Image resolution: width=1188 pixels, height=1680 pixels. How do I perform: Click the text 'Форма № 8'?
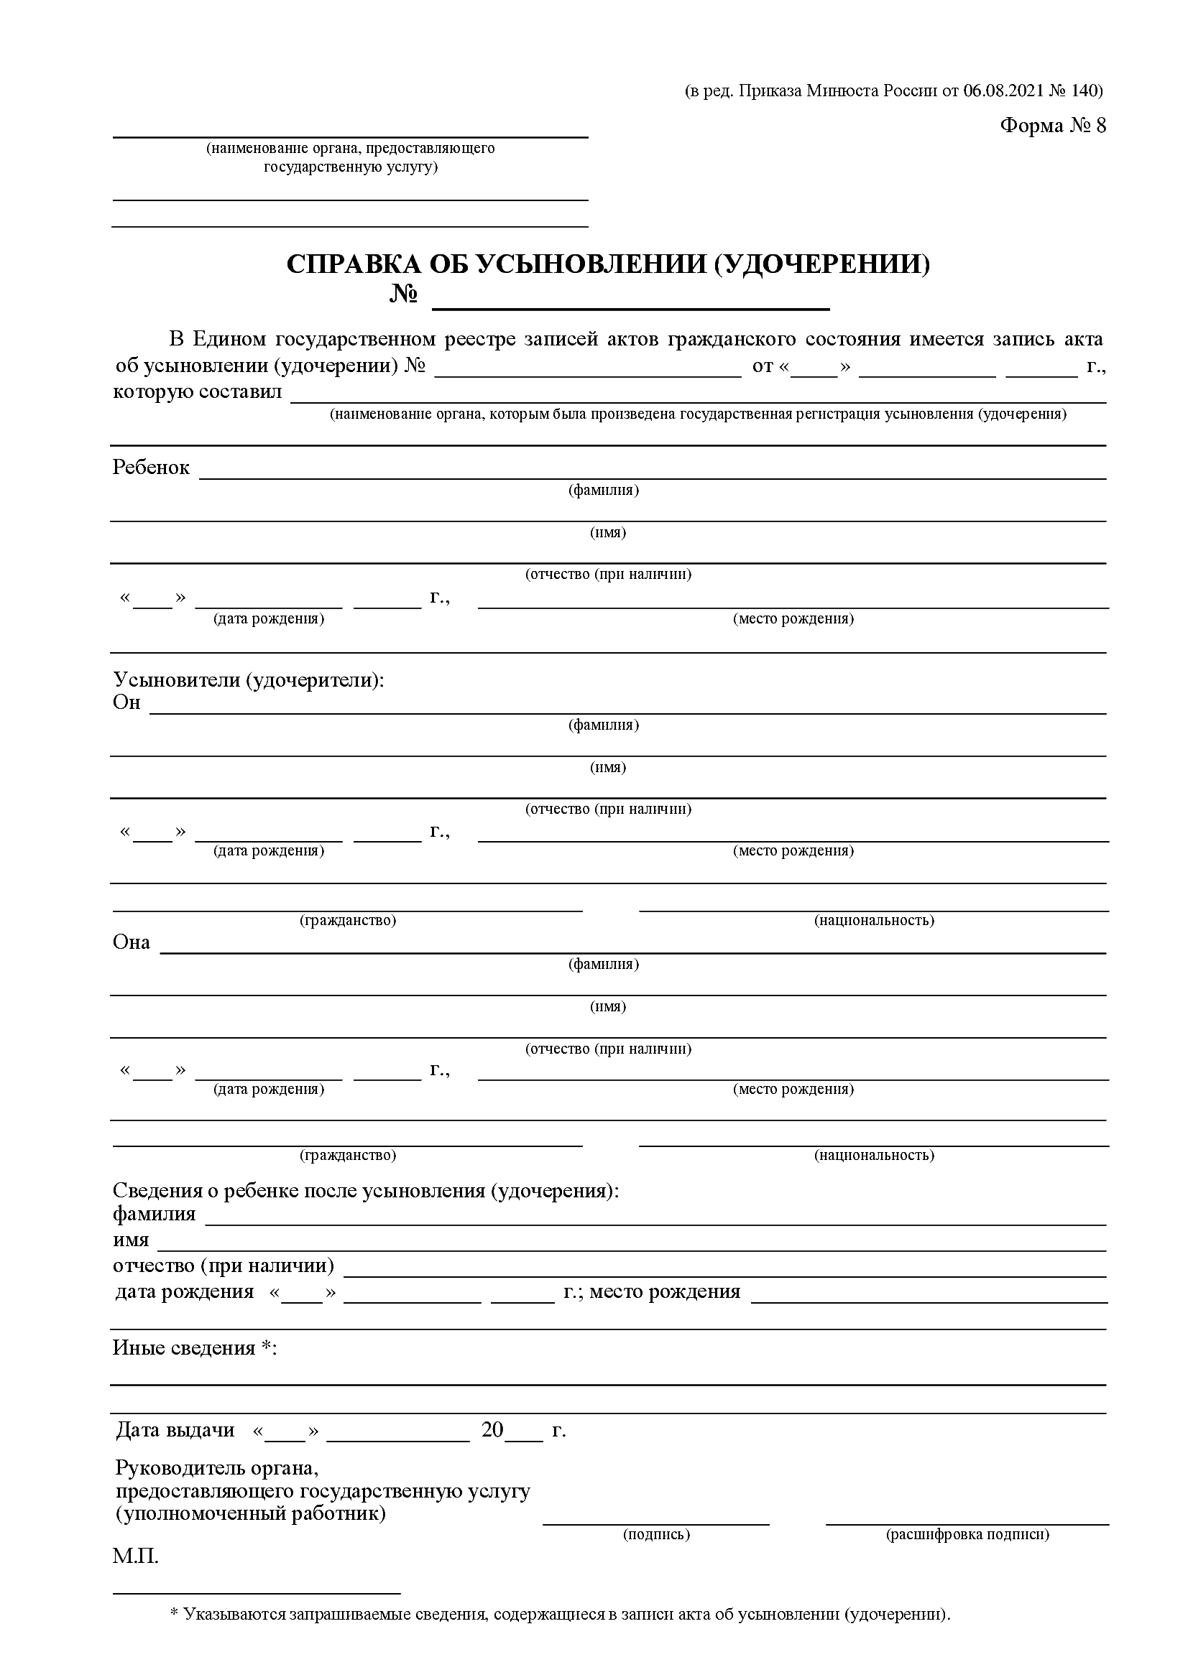(x=1053, y=126)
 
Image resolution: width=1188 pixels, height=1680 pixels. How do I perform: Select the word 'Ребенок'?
(x=151, y=468)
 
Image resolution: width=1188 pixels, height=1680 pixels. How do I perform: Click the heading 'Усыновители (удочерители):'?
(x=248, y=679)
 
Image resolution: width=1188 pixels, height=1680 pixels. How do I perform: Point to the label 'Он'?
(x=126, y=702)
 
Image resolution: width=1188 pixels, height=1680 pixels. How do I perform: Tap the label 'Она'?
(x=131, y=942)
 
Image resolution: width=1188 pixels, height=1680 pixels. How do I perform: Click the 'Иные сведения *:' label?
(x=195, y=1347)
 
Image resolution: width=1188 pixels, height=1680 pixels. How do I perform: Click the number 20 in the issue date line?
(x=492, y=1429)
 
